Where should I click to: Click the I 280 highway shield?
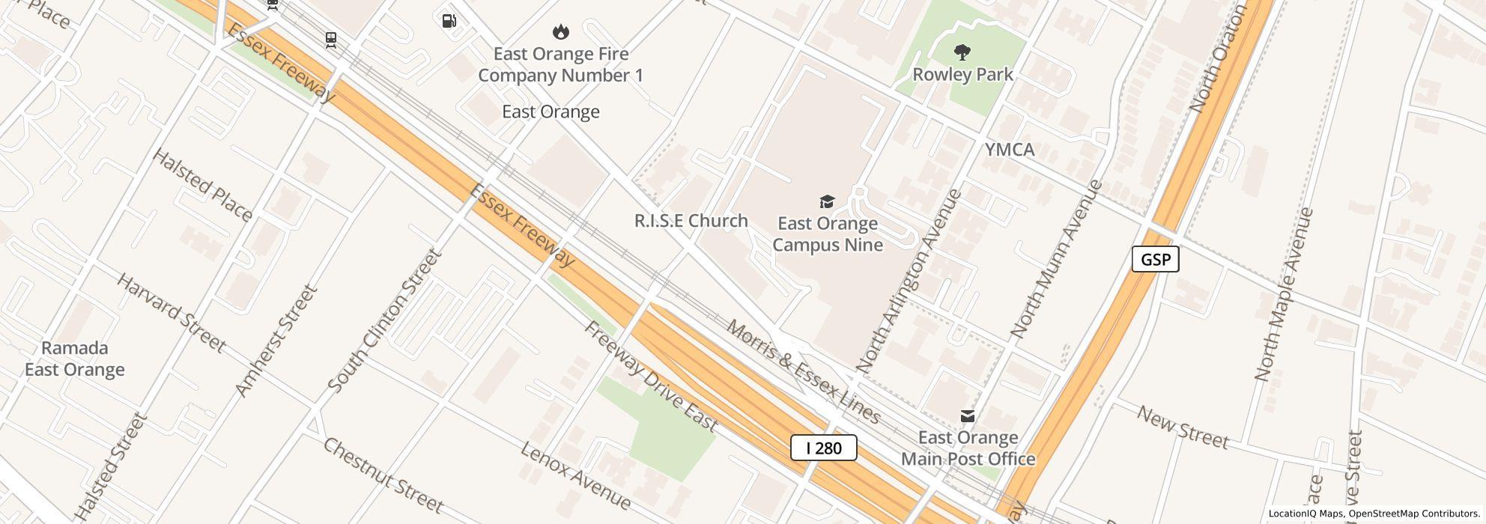tap(823, 448)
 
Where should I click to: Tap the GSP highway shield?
tap(1155, 259)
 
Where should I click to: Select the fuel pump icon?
tap(449, 21)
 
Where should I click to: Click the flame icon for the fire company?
tap(560, 31)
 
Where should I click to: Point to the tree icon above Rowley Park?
tap(962, 52)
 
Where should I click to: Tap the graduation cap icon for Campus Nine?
tap(827, 201)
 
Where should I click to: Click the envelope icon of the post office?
tap(968, 416)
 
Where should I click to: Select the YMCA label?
tap(1009, 150)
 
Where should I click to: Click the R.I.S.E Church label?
tap(691, 221)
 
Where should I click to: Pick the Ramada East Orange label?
tap(75, 359)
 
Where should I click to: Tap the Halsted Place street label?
tap(203, 185)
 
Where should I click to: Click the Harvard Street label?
tap(172, 313)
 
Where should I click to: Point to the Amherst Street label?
tap(276, 341)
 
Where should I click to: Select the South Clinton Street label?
tap(383, 320)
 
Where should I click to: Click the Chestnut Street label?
tap(383, 475)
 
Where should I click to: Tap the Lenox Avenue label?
tap(575, 475)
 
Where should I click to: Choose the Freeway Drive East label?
tap(650, 377)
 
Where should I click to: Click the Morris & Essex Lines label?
tap(803, 371)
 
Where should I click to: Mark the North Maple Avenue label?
tap(1284, 294)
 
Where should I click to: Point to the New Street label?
tap(1183, 427)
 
